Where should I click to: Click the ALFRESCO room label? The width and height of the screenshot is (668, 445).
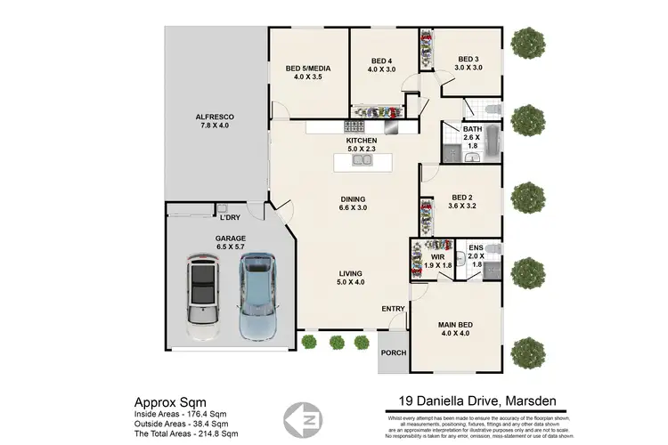point(214,122)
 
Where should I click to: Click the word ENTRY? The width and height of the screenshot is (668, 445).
point(393,309)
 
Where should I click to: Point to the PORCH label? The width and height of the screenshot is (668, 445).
point(393,352)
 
